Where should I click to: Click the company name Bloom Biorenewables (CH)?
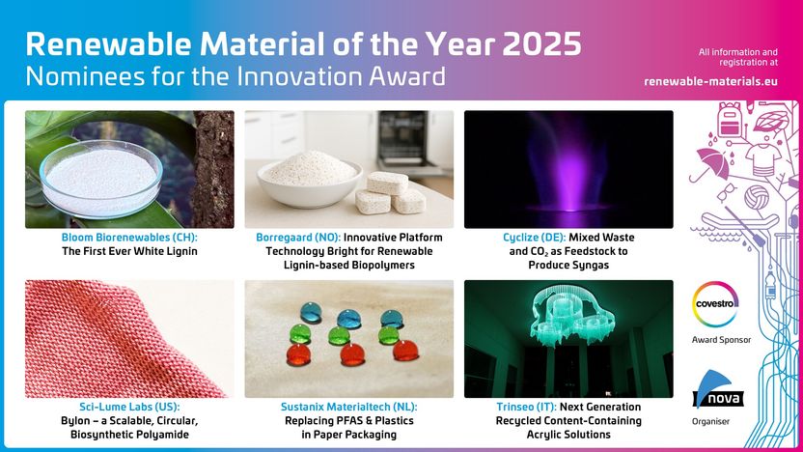(129, 238)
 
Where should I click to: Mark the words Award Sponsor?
(721, 340)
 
